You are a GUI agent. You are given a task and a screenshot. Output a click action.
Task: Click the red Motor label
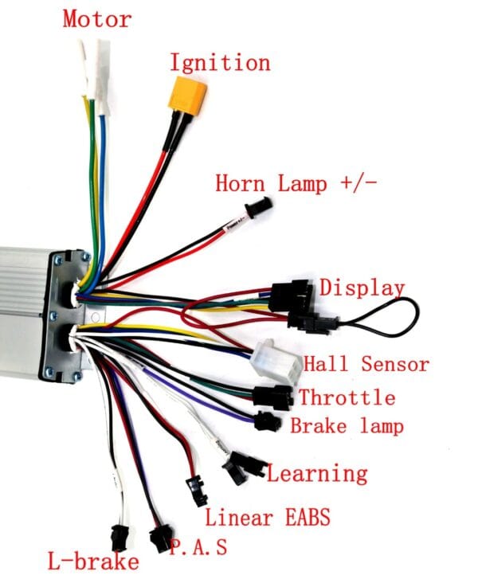point(97,19)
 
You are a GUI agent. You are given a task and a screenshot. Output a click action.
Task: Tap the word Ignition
point(220,62)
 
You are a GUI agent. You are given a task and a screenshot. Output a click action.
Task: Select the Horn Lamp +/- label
point(296,183)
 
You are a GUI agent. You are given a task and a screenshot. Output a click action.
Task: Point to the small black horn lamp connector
point(259,208)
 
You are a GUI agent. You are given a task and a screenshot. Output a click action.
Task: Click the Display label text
point(362,288)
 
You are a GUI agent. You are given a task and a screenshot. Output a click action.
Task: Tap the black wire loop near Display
point(387,317)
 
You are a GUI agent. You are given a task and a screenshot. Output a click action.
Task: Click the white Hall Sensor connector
point(276,361)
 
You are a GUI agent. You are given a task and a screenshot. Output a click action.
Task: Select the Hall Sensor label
point(366,364)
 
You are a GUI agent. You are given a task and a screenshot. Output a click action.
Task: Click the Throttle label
point(347,397)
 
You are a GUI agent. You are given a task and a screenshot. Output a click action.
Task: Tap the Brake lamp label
point(347,425)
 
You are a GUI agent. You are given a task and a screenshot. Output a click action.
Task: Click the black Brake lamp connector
point(268,421)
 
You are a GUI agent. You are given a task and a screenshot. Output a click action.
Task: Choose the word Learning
point(317,473)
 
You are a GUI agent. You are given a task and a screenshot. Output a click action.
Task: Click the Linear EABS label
point(268,517)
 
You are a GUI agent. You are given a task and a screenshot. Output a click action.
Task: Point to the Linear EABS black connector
point(197,491)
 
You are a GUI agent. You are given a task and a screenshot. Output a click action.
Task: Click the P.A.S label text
point(198,546)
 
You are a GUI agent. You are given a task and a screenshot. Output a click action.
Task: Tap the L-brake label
point(93,561)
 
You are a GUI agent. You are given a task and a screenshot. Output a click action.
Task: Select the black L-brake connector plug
point(119,538)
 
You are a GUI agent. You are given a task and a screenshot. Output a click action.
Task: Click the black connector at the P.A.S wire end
point(161,538)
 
